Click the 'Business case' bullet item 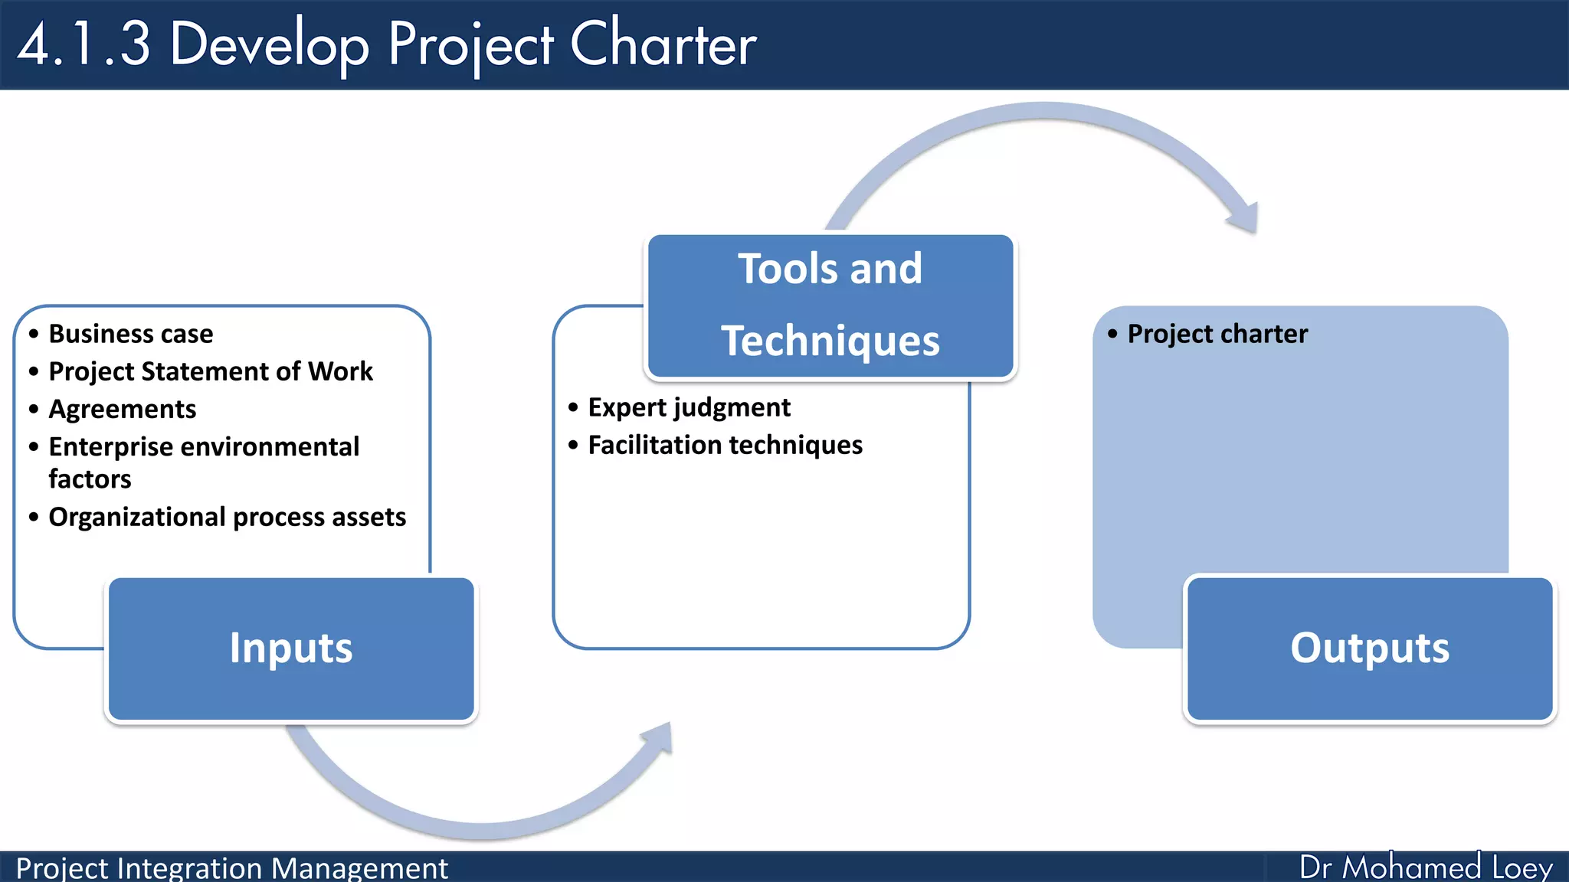pyautogui.click(x=130, y=334)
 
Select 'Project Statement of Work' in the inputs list pyautogui.click(x=210, y=371)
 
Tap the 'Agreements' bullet pyautogui.click(x=123, y=409)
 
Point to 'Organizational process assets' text pyautogui.click(x=227, y=517)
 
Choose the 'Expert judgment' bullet pyautogui.click(x=689, y=407)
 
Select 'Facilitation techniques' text pyautogui.click(x=725, y=445)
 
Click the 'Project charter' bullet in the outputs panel pyautogui.click(x=1217, y=334)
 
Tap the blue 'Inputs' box pyautogui.click(x=291, y=648)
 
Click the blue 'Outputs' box pyautogui.click(x=1370, y=648)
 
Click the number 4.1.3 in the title pyautogui.click(x=84, y=44)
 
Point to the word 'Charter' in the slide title pyautogui.click(x=663, y=44)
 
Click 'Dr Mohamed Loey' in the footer pyautogui.click(x=1425, y=867)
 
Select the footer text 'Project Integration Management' pyautogui.click(x=231, y=868)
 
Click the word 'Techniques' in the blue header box pyautogui.click(x=830, y=341)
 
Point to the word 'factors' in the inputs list pyautogui.click(x=90, y=479)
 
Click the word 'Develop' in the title pyautogui.click(x=270, y=44)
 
